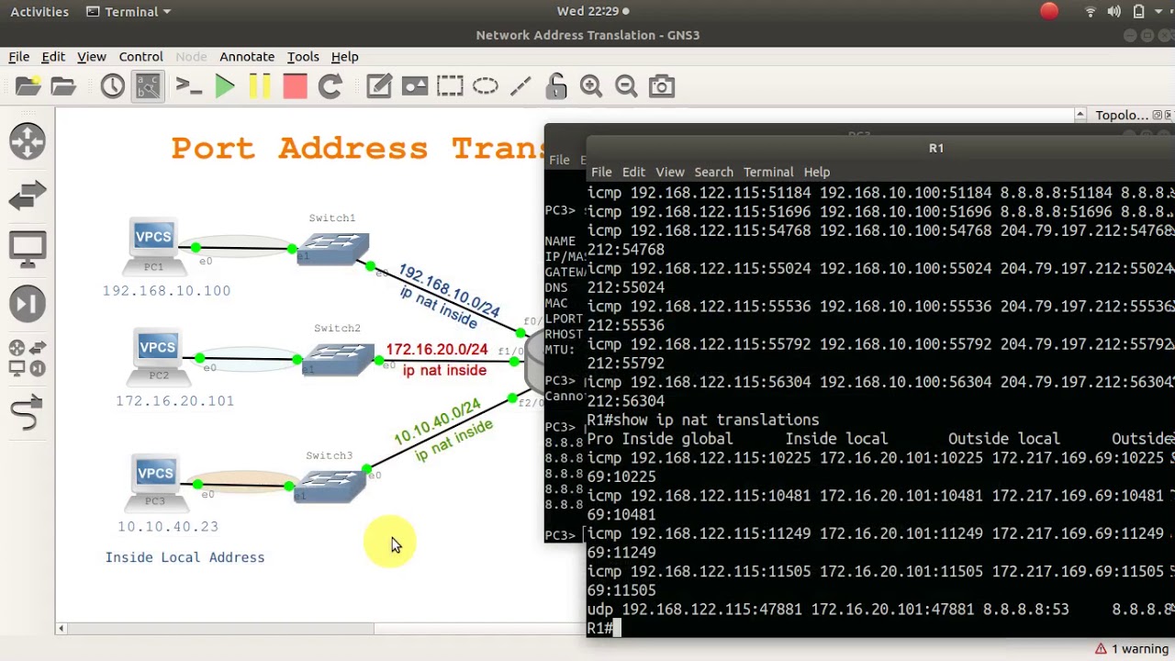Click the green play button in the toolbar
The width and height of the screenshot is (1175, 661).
[x=225, y=86]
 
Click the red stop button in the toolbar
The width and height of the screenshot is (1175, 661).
[x=295, y=86]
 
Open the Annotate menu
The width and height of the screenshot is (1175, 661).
[x=247, y=57]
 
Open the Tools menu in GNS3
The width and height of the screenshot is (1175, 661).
[x=303, y=57]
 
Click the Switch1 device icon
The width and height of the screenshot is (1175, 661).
[x=333, y=247]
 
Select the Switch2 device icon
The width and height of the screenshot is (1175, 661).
[x=338, y=357]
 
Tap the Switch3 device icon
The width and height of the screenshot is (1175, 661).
[x=330, y=484]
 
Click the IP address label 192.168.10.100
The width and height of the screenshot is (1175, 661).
[x=166, y=291]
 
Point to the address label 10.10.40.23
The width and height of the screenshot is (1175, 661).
[x=168, y=527]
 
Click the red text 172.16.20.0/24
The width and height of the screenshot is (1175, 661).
[x=437, y=350]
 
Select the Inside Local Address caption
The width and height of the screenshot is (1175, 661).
[x=185, y=557]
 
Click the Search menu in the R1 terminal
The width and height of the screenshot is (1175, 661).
[x=713, y=172]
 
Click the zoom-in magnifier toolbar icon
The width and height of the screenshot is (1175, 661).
[x=591, y=86]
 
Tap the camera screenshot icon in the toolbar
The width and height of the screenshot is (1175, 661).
[x=662, y=86]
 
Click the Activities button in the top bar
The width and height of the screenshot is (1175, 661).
[x=39, y=12]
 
